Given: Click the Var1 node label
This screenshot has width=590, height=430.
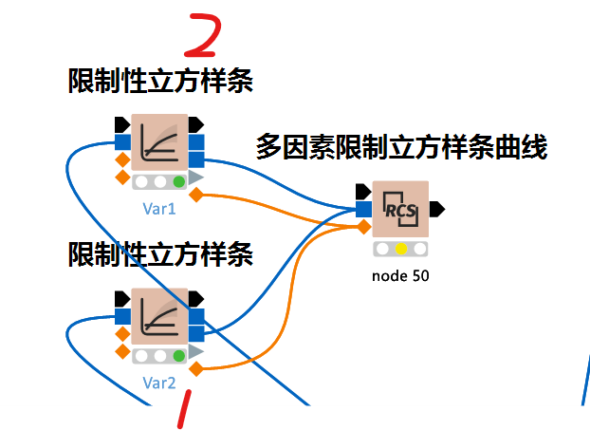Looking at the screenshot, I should pos(159,207).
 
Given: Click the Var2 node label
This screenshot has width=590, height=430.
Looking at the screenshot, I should pos(159,383).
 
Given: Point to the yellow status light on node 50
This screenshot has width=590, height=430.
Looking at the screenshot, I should pos(401,249).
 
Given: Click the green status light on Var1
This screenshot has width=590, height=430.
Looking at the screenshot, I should pos(178,181).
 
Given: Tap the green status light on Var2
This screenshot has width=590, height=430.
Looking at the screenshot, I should pos(178,355).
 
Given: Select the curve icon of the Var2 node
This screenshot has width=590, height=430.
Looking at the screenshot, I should pos(159,316).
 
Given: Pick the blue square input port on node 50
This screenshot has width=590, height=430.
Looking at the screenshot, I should pos(363,209).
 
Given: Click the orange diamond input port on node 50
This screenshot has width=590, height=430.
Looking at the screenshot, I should pos(363,226).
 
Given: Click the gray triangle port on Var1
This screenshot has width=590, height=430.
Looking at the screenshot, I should pos(196,178).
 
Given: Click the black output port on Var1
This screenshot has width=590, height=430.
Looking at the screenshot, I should pos(196,124).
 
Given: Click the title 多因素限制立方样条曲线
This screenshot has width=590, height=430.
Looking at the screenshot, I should pos(401,147).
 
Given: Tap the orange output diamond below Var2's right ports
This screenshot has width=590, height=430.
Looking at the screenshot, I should pos(196,368).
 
